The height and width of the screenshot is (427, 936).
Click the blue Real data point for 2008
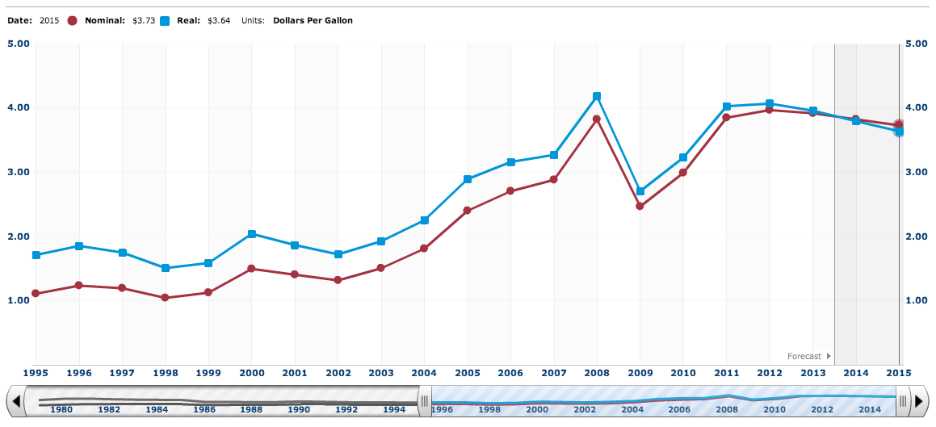point(597,96)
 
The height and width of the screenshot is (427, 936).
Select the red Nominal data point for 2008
point(597,119)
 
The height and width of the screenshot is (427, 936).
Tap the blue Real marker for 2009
point(640,191)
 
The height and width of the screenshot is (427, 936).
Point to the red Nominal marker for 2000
point(251,269)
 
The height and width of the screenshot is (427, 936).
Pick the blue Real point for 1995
point(36,255)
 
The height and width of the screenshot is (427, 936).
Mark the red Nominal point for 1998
point(165,298)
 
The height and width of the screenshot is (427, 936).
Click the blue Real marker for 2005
point(468,179)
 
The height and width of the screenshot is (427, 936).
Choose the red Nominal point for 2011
point(726,117)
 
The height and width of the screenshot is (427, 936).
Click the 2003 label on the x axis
point(380,373)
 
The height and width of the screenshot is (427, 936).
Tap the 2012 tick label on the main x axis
point(769,373)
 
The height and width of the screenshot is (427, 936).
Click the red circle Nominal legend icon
point(73,20)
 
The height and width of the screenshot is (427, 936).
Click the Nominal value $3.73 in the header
point(143,20)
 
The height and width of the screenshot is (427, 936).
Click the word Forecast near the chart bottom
point(804,356)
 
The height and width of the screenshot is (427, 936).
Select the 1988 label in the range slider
point(252,410)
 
